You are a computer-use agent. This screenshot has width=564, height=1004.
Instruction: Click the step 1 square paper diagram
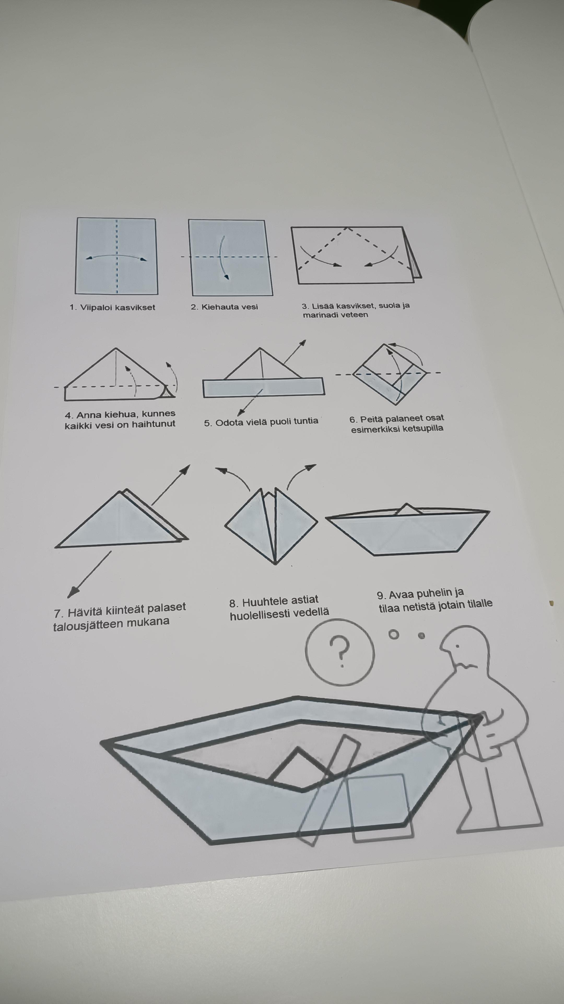click(116, 256)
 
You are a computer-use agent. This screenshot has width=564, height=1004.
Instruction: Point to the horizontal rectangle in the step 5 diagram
click(263, 387)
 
